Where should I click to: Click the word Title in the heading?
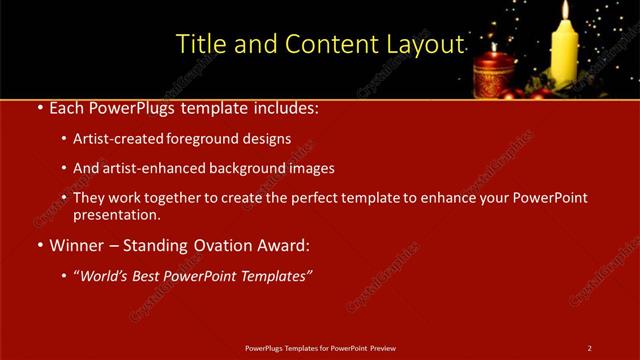coord(199,45)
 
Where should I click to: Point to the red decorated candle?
coord(493,76)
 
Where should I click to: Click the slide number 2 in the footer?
coord(590,348)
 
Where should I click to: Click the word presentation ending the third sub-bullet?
coord(115,215)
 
